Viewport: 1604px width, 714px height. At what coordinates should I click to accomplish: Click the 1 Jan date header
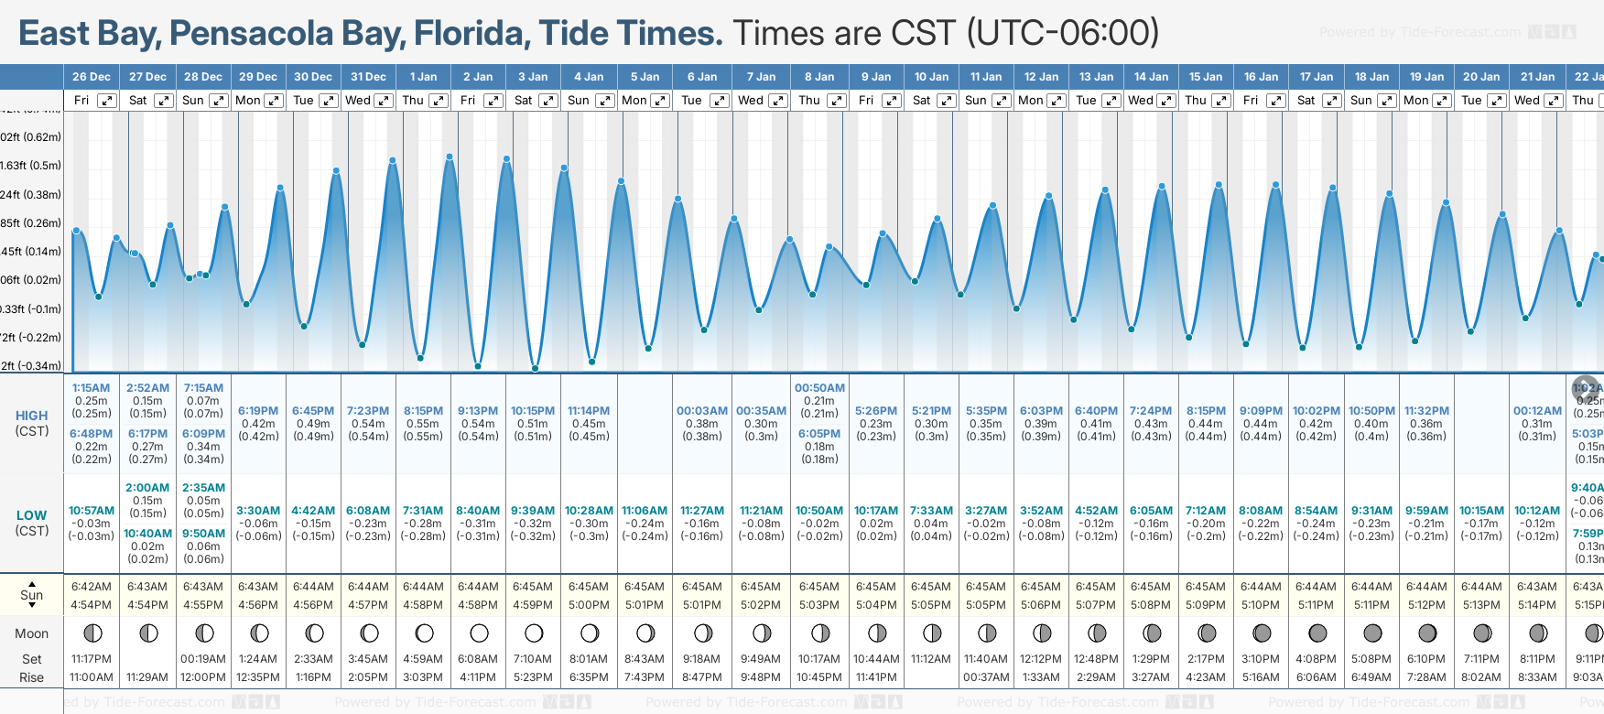click(423, 77)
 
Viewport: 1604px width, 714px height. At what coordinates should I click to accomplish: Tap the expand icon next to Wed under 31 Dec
click(384, 101)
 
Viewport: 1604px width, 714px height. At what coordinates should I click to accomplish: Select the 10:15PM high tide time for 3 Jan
click(533, 411)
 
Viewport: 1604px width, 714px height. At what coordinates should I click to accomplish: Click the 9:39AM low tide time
click(533, 511)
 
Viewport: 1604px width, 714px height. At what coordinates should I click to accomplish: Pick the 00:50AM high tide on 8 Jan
click(819, 388)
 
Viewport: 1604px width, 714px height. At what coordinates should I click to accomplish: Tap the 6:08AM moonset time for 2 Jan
click(478, 659)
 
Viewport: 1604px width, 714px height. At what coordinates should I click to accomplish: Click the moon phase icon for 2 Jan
click(479, 633)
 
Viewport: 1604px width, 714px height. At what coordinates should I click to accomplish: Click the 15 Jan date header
click(1206, 77)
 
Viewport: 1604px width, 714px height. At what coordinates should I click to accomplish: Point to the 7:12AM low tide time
click(1206, 511)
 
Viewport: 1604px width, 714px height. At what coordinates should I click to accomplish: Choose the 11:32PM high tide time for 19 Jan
click(1426, 411)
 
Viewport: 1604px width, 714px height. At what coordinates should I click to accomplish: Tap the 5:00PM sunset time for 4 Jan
click(589, 605)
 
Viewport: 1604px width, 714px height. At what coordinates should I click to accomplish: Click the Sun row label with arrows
click(31, 595)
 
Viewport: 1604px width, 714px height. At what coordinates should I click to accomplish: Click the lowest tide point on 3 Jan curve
click(536, 369)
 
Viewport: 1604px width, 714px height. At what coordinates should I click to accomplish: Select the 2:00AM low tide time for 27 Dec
click(147, 488)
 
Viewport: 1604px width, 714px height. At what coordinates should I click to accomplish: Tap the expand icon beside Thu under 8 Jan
click(836, 101)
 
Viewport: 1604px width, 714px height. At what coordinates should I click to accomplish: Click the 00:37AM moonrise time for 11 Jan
click(986, 677)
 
